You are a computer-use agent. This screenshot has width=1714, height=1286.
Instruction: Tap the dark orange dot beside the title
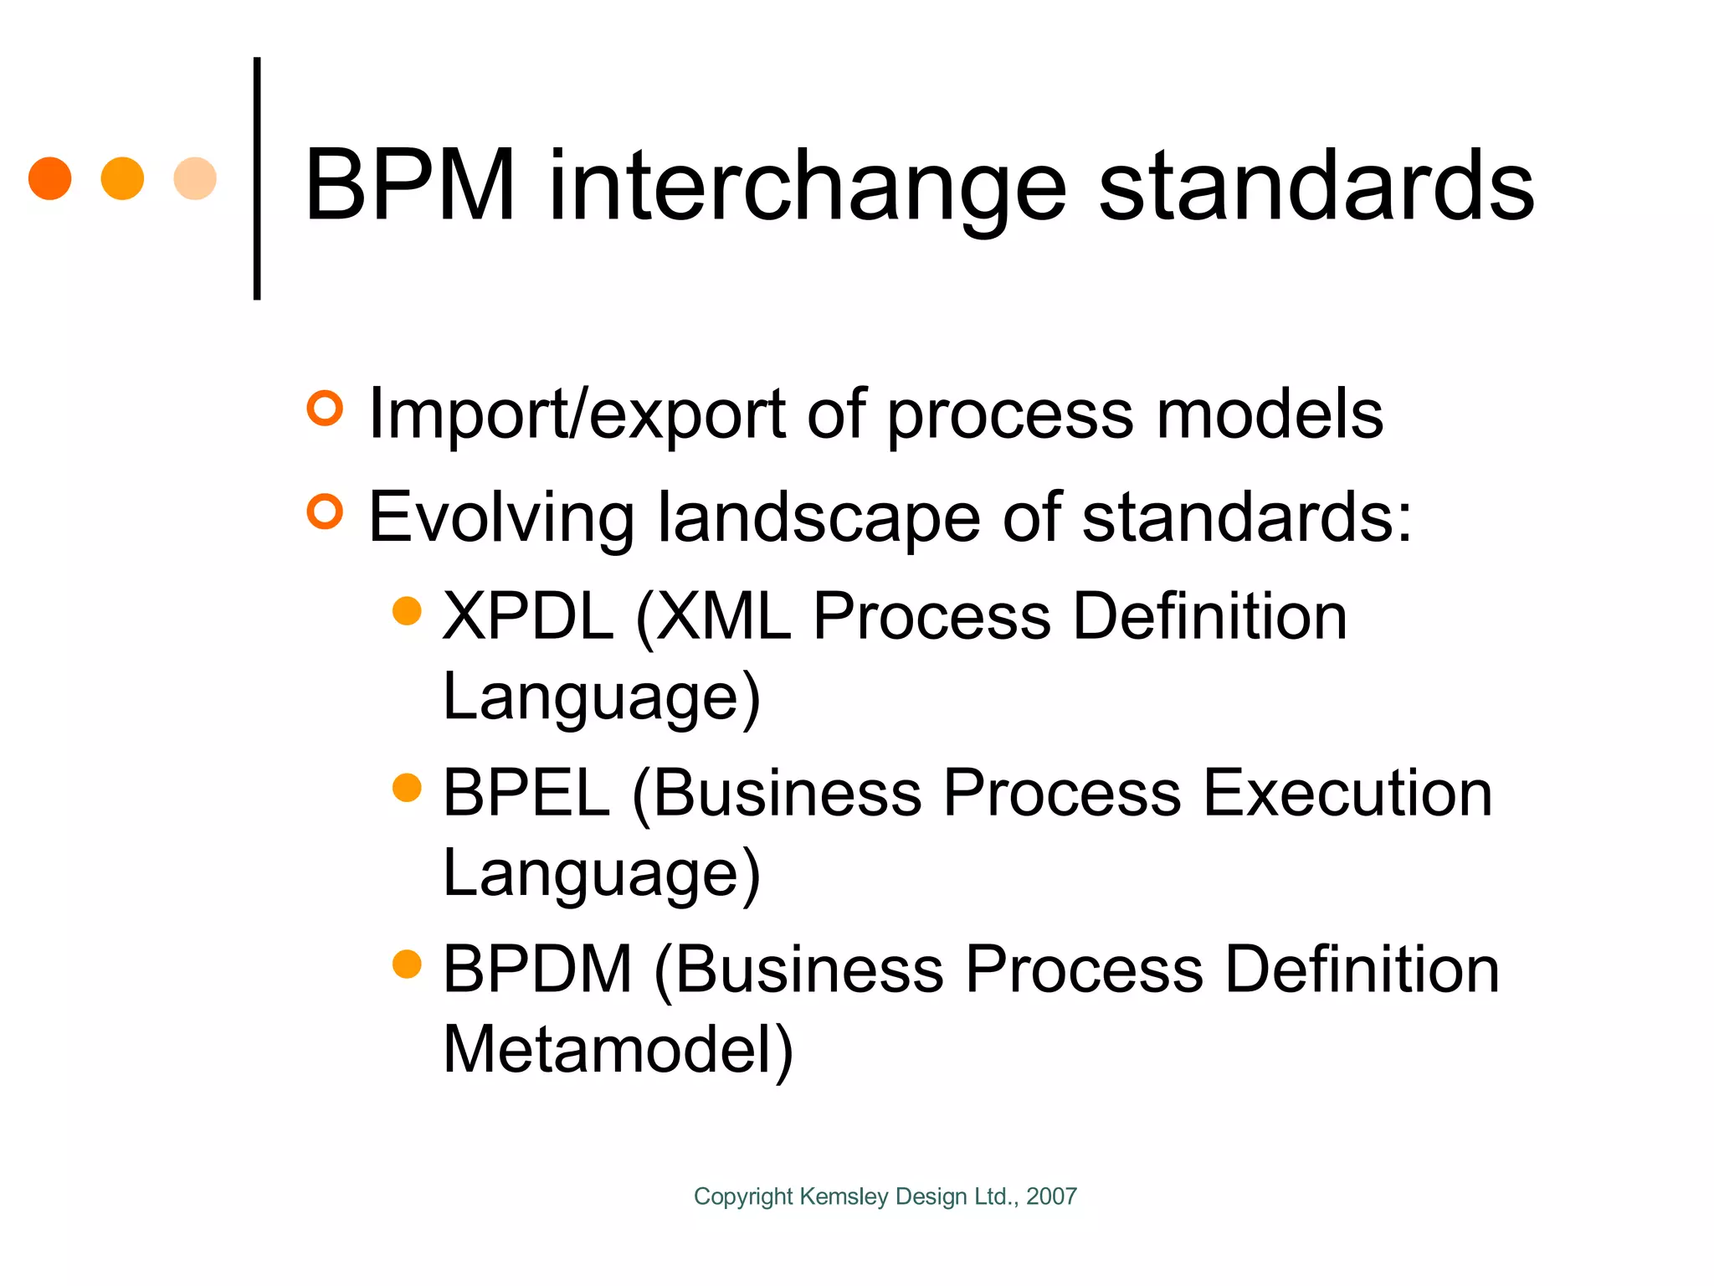click(x=49, y=178)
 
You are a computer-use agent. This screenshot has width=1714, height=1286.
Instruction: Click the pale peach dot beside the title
click(x=195, y=178)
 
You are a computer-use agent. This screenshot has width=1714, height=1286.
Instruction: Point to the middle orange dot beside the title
click(x=122, y=178)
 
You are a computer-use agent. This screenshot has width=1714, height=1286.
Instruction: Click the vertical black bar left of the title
click(x=257, y=178)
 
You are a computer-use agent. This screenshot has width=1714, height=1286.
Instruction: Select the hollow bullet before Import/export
click(x=325, y=409)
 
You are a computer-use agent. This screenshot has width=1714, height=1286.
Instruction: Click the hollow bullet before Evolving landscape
click(x=325, y=512)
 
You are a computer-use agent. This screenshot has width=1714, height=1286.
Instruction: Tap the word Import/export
click(x=577, y=414)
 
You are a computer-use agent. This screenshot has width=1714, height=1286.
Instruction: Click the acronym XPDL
click(x=527, y=616)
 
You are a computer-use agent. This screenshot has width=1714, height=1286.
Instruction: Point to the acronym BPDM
click(x=537, y=970)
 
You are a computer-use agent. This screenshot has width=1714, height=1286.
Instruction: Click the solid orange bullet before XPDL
click(x=407, y=610)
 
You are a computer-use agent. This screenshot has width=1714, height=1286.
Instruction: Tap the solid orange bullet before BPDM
click(x=407, y=964)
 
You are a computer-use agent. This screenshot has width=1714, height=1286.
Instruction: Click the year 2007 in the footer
click(x=1051, y=1196)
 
